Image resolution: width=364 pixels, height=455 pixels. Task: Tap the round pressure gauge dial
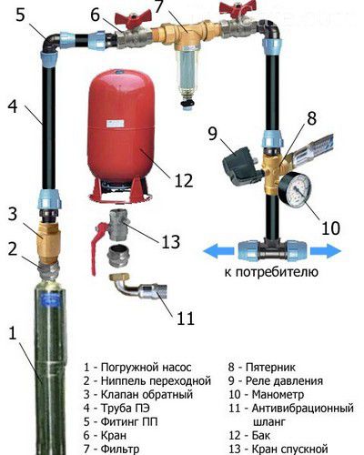[x=295, y=188]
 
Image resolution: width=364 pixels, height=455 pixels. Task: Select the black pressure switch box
[x=242, y=167]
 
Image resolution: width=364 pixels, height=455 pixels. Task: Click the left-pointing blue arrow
[x=218, y=251]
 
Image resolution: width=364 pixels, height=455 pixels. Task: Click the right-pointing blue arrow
[x=326, y=251]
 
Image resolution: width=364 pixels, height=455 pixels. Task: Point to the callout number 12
[x=184, y=181]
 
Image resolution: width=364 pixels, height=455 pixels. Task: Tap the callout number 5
[x=20, y=15]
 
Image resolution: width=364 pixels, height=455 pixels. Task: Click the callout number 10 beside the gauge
[x=330, y=228]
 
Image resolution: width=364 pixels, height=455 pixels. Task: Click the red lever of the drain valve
[x=97, y=246]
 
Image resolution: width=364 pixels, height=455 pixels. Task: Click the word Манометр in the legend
[x=278, y=395]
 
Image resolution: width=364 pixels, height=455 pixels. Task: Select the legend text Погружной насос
[x=146, y=368]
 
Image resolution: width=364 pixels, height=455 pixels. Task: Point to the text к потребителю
[x=271, y=272]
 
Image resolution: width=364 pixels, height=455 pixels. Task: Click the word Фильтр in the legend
[x=120, y=449]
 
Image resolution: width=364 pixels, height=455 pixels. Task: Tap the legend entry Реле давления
[x=284, y=381]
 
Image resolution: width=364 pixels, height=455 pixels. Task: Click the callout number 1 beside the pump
[x=13, y=333]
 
